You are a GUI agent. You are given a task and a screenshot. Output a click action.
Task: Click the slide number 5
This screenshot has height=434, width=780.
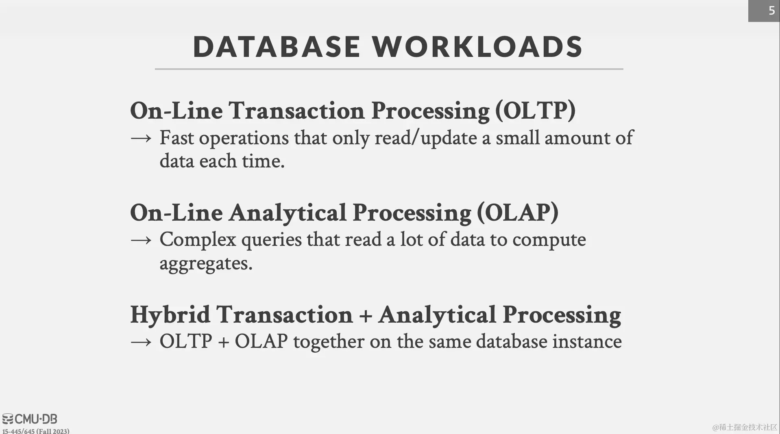tap(771, 11)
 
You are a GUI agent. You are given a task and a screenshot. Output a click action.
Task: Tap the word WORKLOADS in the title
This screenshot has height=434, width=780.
tap(478, 47)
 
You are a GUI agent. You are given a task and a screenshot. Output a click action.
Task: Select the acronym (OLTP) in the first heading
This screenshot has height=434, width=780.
tap(535, 111)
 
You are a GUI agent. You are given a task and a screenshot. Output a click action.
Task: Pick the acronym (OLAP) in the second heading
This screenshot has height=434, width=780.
tap(518, 212)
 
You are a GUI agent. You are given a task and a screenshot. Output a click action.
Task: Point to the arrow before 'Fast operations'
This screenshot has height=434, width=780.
tap(141, 138)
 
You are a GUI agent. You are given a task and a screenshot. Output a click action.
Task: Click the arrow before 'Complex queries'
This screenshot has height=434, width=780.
tap(141, 240)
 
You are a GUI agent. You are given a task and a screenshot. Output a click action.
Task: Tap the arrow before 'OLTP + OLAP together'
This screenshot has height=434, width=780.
tap(141, 342)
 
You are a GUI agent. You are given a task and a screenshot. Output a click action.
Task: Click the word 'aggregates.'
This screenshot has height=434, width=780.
tap(206, 264)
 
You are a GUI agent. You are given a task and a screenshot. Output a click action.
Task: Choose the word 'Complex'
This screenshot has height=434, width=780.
tap(198, 240)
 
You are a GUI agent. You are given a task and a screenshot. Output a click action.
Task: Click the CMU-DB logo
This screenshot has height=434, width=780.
tap(30, 419)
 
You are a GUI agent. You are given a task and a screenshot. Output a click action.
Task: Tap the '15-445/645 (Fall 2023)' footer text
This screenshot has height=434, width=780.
tap(36, 431)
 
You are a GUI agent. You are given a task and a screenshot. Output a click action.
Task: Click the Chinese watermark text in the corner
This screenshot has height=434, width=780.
tap(745, 427)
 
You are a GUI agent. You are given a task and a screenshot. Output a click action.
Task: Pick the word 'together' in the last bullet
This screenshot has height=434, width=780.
tap(329, 342)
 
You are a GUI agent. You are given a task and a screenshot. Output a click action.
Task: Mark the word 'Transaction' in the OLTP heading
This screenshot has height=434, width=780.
tap(296, 111)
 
